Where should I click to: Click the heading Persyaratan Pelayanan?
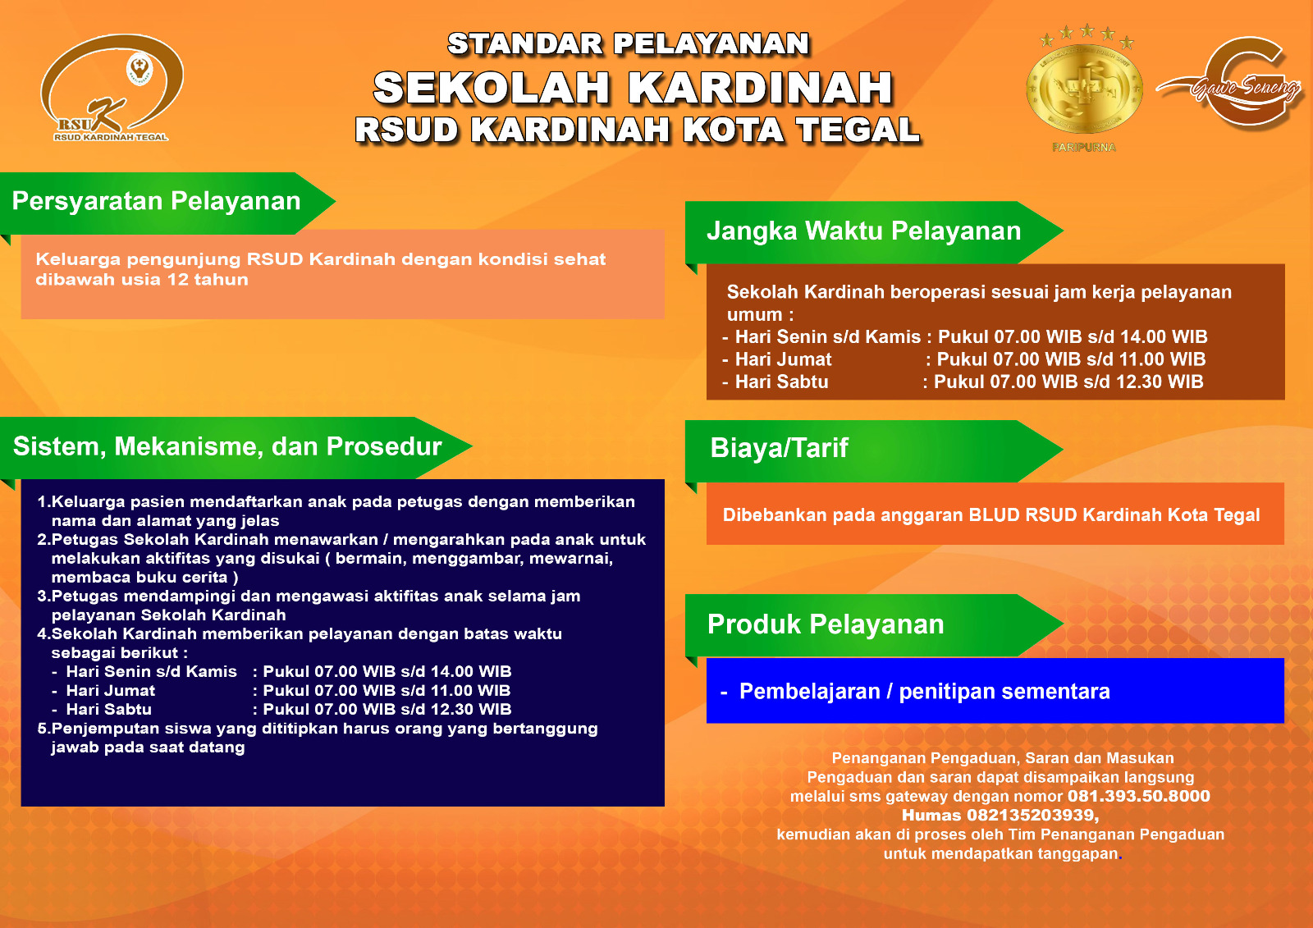pos(156,201)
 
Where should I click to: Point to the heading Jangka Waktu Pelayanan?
pos(863,231)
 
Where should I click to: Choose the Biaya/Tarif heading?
pos(779,448)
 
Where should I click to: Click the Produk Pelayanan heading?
pos(826,624)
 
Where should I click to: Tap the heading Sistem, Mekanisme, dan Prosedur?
pos(227,446)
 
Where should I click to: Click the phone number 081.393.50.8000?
pos(1138,796)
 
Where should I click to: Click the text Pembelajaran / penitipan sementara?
pos(924,692)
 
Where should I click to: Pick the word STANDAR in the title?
pos(525,44)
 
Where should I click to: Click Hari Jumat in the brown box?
pos(783,359)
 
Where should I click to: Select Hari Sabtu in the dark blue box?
pos(108,710)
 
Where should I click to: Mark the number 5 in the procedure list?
pos(42,729)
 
